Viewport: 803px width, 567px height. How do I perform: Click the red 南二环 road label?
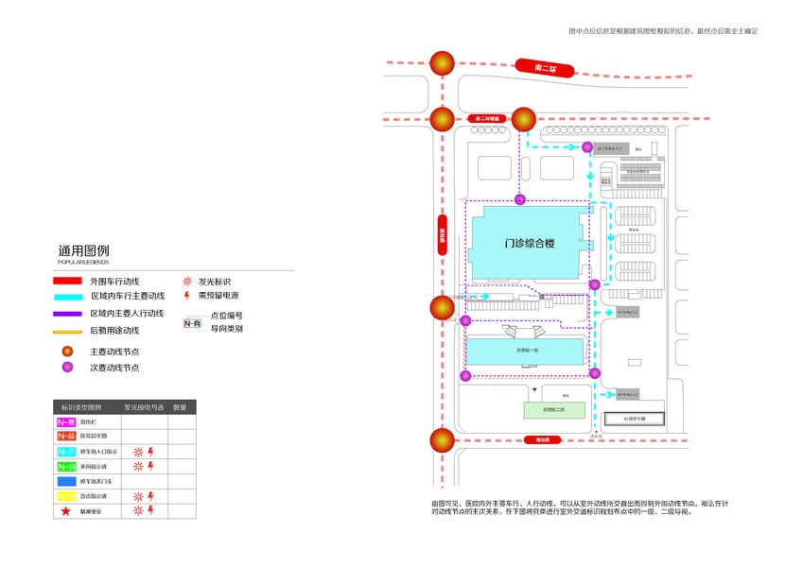547,68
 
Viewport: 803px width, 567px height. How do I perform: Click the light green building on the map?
552,410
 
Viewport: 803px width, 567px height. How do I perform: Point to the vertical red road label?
442,234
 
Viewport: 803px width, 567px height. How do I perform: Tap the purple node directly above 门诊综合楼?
518,199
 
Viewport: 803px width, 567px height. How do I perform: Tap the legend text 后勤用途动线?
114,331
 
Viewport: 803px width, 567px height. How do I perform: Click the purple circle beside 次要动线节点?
67,368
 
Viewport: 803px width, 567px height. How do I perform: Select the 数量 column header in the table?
180,407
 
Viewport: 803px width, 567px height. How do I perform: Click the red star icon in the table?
65,511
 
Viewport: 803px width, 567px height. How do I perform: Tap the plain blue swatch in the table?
66,482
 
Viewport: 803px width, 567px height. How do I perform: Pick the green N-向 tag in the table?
66,467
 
